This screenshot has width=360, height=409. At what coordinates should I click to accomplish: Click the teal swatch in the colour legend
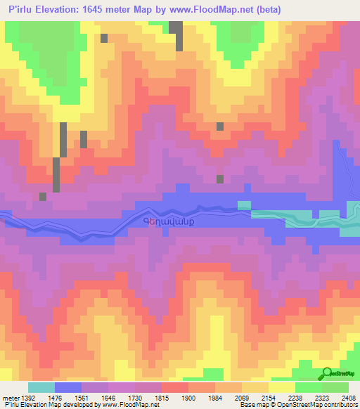coord(41,387)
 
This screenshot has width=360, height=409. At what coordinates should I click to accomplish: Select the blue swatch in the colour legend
coord(68,387)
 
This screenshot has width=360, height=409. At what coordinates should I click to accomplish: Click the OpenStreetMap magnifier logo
coord(328,374)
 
